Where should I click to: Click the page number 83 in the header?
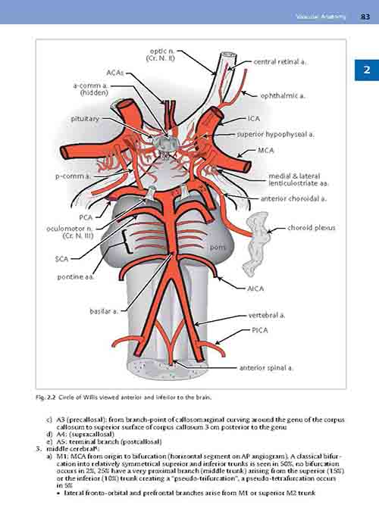(365, 17)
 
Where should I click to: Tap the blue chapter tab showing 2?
(367, 70)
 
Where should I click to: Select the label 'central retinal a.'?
(280, 62)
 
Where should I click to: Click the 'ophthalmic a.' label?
(283, 96)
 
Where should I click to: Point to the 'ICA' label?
(254, 119)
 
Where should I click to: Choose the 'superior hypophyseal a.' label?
(275, 134)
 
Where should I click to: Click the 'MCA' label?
(266, 150)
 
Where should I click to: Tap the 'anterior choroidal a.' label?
(293, 198)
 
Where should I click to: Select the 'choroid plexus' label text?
(312, 228)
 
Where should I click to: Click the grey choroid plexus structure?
(258, 242)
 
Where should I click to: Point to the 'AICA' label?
(255, 288)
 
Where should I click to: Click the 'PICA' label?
(260, 330)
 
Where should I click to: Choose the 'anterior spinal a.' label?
(266, 368)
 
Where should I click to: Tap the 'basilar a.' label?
(105, 311)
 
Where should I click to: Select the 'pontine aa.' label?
(76, 277)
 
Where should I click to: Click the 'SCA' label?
(62, 259)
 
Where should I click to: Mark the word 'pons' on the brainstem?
(218, 247)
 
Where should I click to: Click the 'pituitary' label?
(85, 119)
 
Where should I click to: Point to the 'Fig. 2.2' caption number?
(45, 397)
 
